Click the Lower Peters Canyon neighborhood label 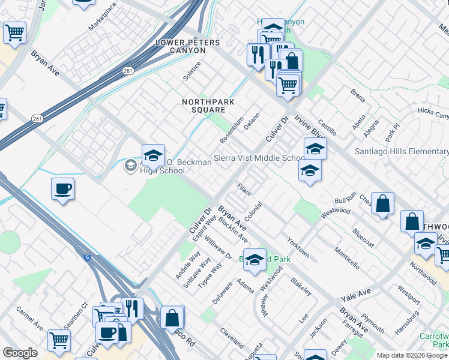click(188, 43)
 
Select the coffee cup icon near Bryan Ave click(62, 190)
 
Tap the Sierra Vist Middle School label click(260, 159)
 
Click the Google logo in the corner click(20, 352)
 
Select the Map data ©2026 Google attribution click(411, 355)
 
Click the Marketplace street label click(102, 17)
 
